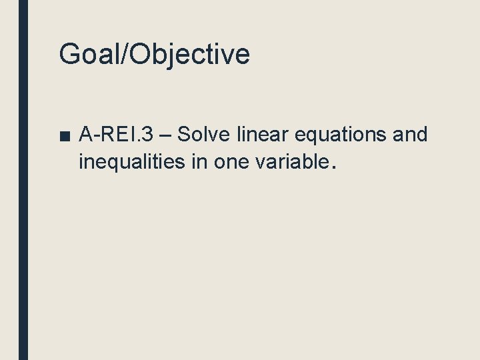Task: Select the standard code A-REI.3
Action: pos(116,135)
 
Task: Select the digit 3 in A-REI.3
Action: pos(147,135)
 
